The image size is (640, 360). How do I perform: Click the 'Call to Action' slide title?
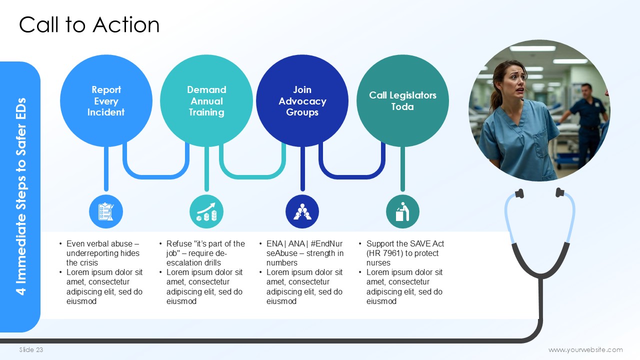click(x=89, y=25)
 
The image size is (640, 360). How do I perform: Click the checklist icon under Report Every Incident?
click(x=106, y=211)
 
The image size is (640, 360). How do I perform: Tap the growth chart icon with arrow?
click(x=206, y=211)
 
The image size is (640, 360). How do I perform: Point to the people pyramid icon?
click(x=302, y=211)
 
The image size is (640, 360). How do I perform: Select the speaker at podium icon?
click(x=402, y=211)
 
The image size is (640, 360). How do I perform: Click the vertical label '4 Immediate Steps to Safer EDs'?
click(x=21, y=196)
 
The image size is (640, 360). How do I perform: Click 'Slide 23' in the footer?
click(x=31, y=350)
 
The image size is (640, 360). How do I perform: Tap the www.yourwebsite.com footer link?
click(x=585, y=350)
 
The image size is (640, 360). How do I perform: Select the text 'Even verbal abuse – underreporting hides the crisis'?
click(x=103, y=253)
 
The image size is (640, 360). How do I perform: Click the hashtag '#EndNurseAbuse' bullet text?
click(x=304, y=248)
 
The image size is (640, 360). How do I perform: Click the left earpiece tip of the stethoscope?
click(x=519, y=193)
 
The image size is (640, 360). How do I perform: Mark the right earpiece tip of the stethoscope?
click(x=559, y=192)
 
